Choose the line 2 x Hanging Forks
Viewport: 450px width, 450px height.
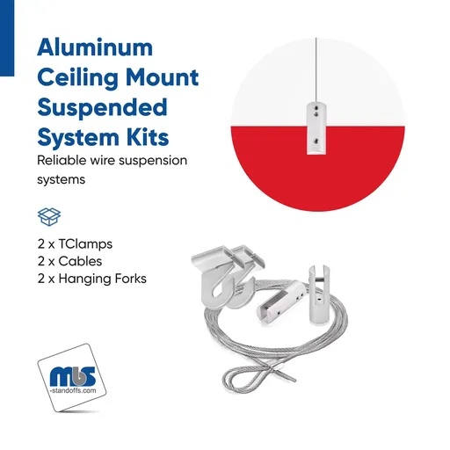(x=91, y=278)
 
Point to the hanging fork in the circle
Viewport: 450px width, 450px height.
(x=314, y=128)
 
